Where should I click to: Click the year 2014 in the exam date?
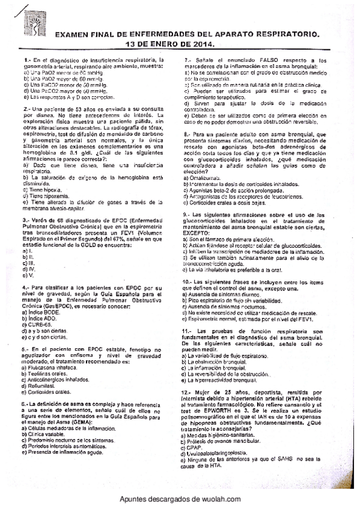[x=202, y=45]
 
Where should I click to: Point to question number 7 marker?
[x=188, y=60]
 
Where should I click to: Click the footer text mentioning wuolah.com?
[x=180, y=499]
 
